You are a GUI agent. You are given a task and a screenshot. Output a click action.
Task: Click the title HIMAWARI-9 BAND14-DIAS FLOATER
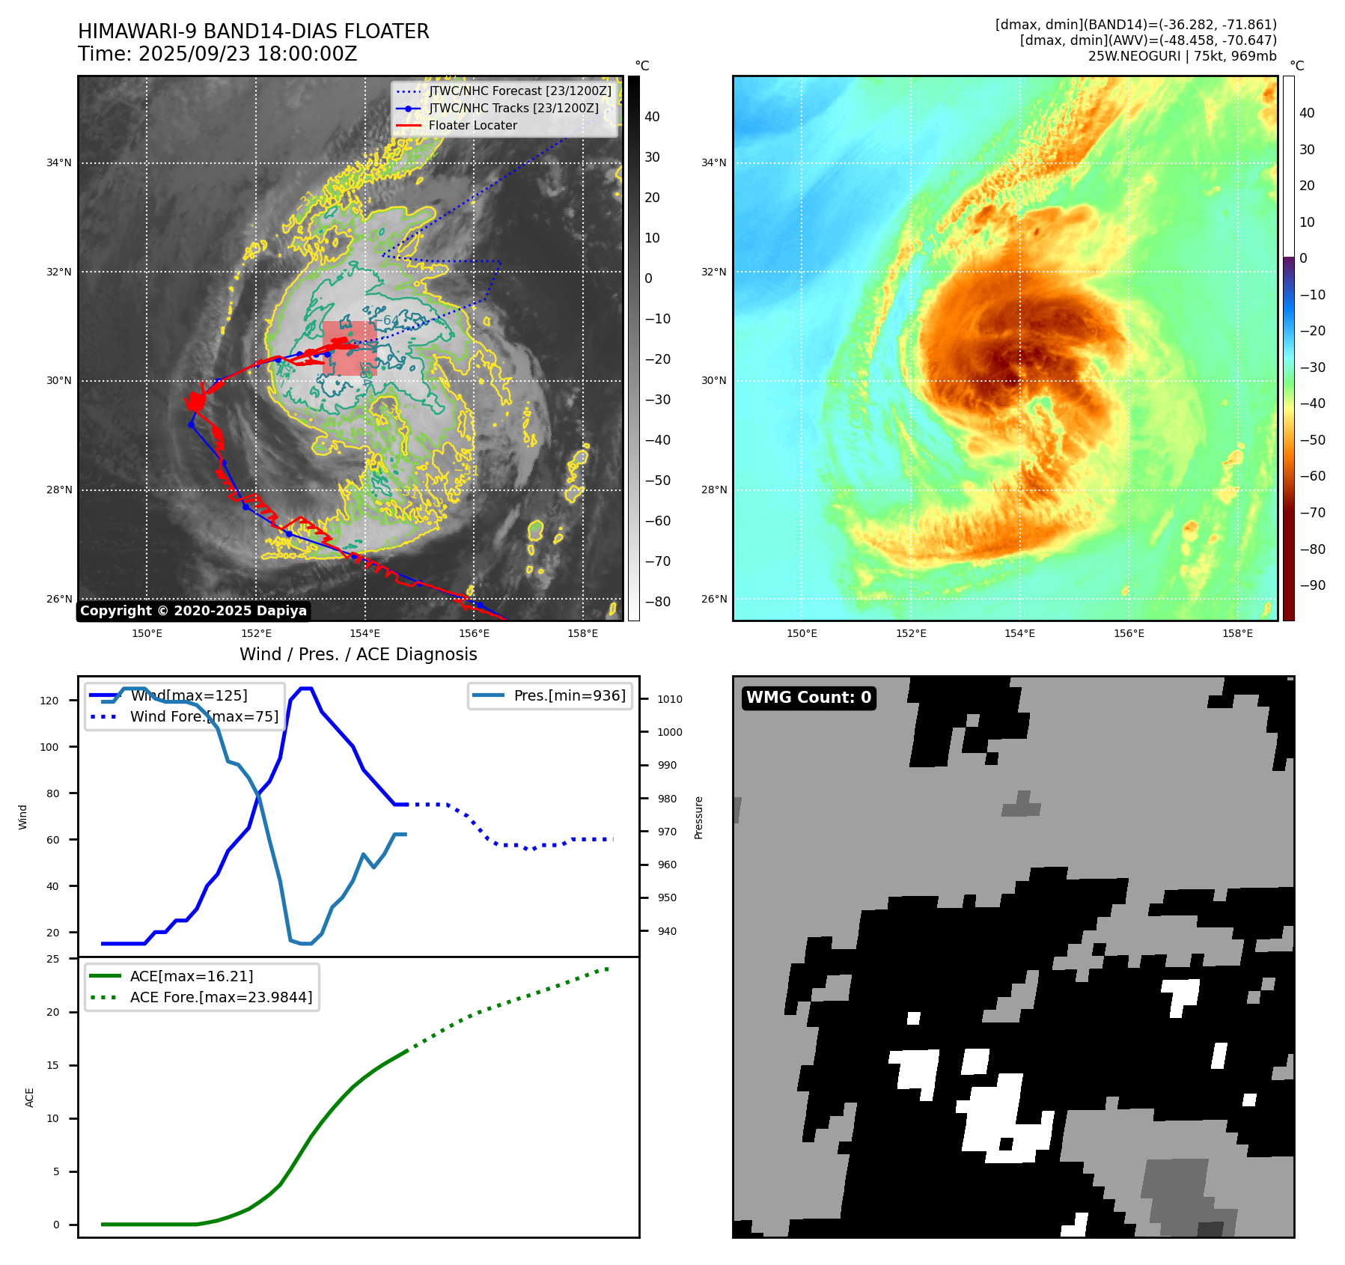pos(253,31)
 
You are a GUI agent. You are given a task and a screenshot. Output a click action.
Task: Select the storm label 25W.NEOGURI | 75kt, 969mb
pos(1182,56)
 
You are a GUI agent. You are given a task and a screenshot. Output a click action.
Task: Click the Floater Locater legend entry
pos(472,126)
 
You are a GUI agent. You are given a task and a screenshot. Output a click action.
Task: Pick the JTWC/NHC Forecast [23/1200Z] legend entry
pos(519,91)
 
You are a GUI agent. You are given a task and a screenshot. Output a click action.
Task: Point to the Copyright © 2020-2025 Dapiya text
pos(193,611)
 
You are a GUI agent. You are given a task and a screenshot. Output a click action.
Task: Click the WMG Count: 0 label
pos(808,698)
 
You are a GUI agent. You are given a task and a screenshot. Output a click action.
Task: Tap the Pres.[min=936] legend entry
pos(569,695)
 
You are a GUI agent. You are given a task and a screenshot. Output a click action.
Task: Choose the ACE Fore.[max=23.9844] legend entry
pos(221,997)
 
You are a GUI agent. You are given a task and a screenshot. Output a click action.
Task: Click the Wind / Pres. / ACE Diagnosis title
pos(358,654)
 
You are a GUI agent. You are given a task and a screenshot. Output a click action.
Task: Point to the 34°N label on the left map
pos(59,163)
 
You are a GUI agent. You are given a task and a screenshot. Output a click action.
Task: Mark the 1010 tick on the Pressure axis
pos(670,699)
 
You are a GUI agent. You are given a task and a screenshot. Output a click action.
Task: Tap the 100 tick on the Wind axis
pos(49,747)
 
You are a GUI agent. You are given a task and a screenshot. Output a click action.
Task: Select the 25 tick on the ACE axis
pos(52,959)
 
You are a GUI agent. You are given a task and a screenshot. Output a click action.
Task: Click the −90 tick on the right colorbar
pos(1312,585)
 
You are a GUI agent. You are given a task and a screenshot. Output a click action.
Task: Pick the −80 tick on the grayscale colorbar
pos(657,602)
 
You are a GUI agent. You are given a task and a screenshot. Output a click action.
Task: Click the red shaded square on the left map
pos(349,348)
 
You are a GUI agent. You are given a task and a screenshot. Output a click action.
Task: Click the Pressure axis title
pos(698,817)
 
